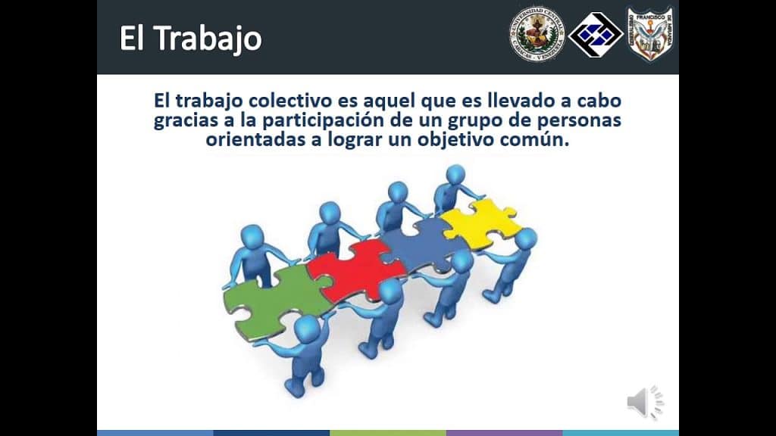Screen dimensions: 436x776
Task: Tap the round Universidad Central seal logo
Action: point(537,34)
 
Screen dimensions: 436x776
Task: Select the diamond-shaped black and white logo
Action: point(595,35)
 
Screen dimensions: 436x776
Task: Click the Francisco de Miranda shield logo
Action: point(650,33)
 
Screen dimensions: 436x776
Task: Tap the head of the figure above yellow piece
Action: point(456,176)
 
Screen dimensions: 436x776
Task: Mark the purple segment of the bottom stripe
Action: point(504,433)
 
